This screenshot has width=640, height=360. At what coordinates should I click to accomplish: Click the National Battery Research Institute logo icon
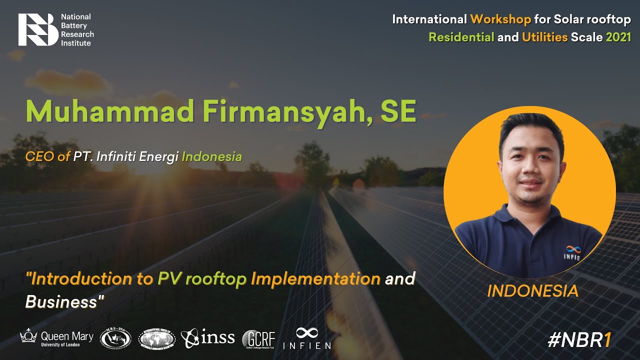38,29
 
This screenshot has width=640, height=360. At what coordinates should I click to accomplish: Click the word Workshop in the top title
500,19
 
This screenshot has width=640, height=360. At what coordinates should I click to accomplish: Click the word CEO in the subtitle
40,156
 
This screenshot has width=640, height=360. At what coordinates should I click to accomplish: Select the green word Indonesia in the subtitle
212,156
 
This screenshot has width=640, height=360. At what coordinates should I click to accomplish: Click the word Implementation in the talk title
315,278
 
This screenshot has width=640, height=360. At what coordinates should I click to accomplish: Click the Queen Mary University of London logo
56,338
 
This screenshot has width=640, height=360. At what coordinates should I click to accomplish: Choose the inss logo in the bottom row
207,338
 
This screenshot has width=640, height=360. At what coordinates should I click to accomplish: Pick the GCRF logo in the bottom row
258,339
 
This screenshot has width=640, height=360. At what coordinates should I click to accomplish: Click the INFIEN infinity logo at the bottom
307,338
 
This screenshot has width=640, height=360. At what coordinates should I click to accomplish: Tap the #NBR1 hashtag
579,340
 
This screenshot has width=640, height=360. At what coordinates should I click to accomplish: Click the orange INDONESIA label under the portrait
532,290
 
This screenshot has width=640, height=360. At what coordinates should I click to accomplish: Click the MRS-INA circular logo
115,338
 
